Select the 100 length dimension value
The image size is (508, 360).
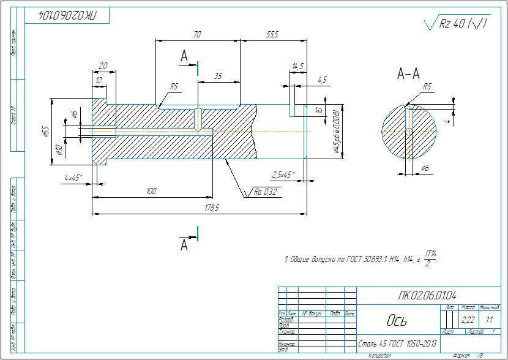pyautogui.click(x=151, y=192)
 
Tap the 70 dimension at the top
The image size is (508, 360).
pyautogui.click(x=197, y=36)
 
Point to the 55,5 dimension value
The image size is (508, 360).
pyautogui.click(x=272, y=36)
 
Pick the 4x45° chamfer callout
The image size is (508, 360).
pyautogui.click(x=73, y=178)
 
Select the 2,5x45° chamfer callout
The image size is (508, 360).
pyautogui.click(x=283, y=174)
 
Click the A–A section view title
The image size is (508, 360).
pyautogui.click(x=408, y=75)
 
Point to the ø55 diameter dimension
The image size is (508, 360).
pyautogui.click(x=45, y=131)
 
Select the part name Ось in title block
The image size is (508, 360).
pyautogui.click(x=396, y=321)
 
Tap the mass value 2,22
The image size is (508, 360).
pyautogui.click(x=468, y=320)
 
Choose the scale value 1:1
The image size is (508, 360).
pyautogui.click(x=489, y=320)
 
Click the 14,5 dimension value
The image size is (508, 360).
pyautogui.click(x=298, y=66)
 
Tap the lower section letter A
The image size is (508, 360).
pyautogui.click(x=184, y=246)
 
